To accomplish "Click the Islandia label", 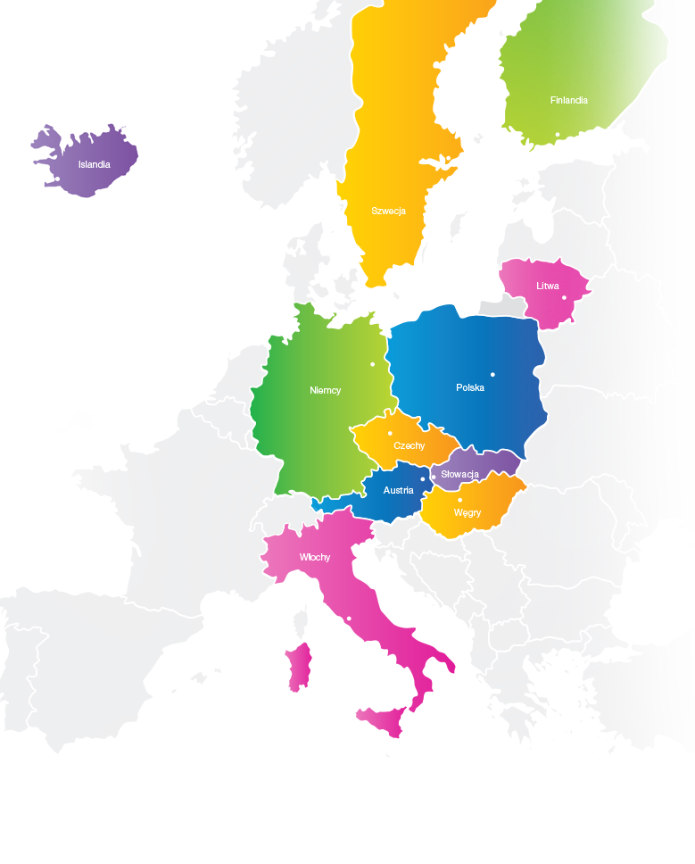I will (x=94, y=164).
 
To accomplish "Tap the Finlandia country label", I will (x=568, y=101).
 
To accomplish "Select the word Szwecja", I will (x=388, y=212).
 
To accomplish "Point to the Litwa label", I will (x=548, y=287).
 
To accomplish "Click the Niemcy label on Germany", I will (x=325, y=390).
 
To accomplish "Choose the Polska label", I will (x=469, y=387).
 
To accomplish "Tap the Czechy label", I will (x=409, y=445).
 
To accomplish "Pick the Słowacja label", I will (x=460, y=474).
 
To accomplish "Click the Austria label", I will (x=398, y=490).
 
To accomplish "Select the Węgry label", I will (x=467, y=513).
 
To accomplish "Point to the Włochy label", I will (x=315, y=557).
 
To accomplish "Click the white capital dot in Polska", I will (x=492, y=374).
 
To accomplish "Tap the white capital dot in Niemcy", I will (x=373, y=364).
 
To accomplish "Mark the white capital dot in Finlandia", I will (x=558, y=135).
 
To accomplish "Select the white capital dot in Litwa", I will (x=564, y=298).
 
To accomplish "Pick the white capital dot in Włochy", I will (x=349, y=619).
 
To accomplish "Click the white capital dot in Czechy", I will (x=390, y=434).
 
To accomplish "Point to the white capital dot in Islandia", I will (x=58, y=179).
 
